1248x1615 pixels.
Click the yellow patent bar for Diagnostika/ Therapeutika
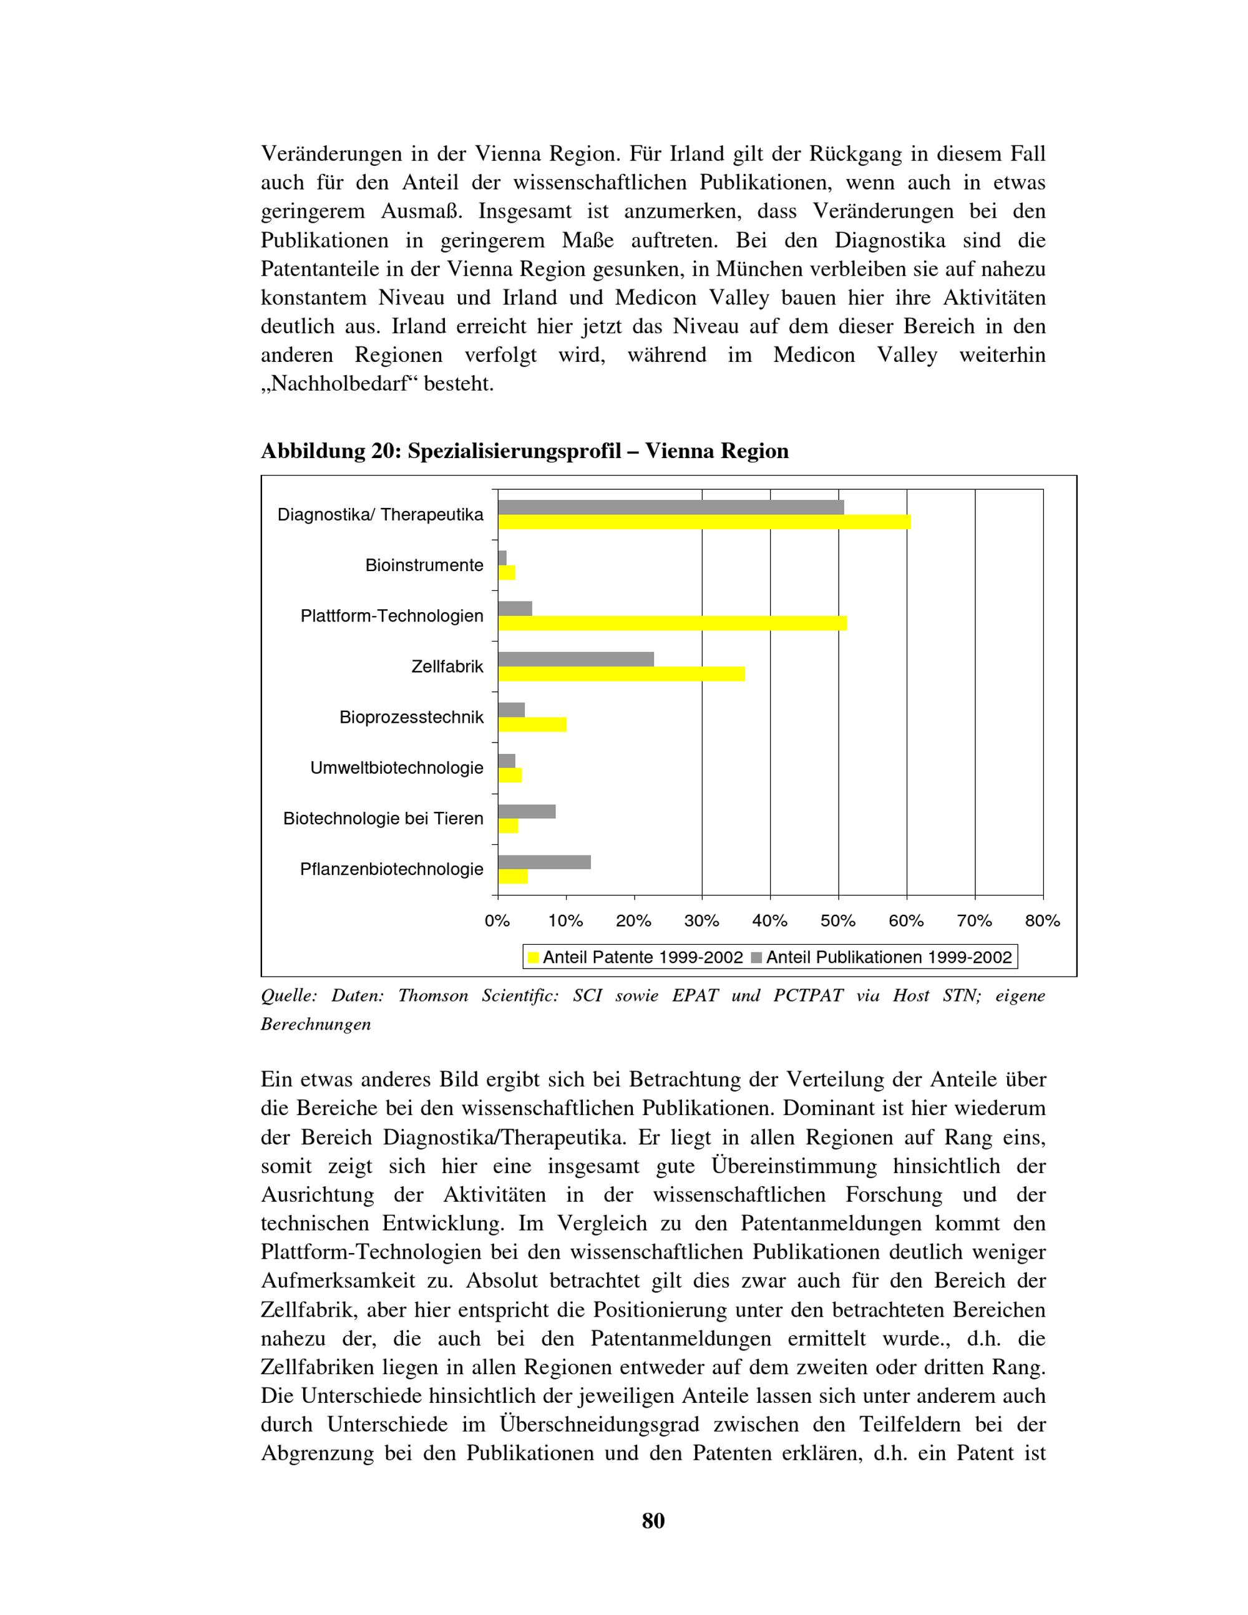pyautogui.click(x=704, y=522)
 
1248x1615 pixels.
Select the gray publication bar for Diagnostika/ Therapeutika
pyautogui.click(x=671, y=507)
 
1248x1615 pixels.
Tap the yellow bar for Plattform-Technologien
pyautogui.click(x=672, y=623)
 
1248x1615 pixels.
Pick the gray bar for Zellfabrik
pyautogui.click(x=576, y=659)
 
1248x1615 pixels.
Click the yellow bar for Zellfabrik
pyautogui.click(x=621, y=674)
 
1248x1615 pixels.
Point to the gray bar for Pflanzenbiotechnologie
pyautogui.click(x=544, y=862)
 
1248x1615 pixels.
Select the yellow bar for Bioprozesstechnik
pyautogui.click(x=532, y=725)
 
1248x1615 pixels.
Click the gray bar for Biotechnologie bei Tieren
pyautogui.click(x=527, y=811)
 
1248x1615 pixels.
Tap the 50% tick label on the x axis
pyautogui.click(x=837, y=920)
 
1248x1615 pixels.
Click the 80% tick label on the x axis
pyautogui.click(x=1043, y=920)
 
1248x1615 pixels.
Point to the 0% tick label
pyautogui.click(x=497, y=920)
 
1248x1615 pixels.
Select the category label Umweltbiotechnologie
pyautogui.click(x=397, y=768)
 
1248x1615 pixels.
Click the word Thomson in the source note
pyautogui.click(x=433, y=996)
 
